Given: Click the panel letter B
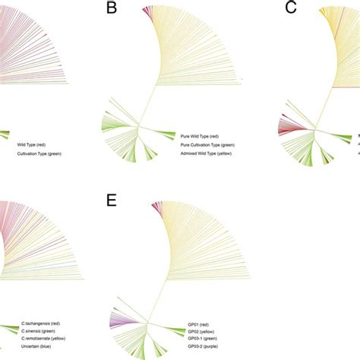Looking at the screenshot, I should (x=112, y=9).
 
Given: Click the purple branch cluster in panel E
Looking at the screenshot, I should (x=118, y=322).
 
